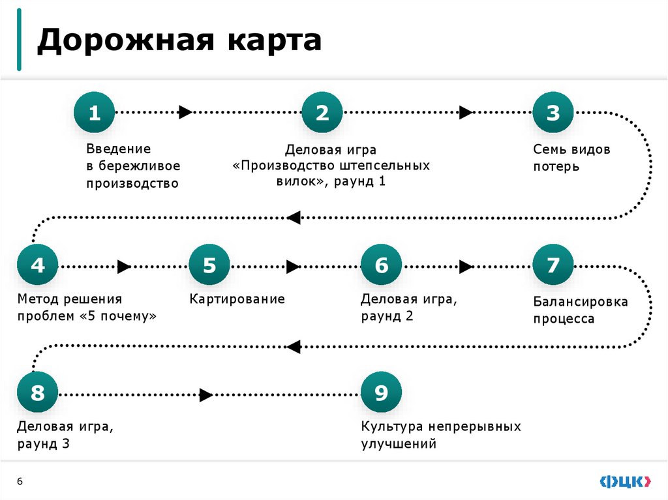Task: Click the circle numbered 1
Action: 95,113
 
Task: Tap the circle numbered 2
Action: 322,113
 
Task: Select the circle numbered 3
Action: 553,113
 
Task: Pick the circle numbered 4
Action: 38,265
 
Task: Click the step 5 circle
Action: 209,265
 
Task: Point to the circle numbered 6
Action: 381,265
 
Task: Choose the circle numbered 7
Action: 553,265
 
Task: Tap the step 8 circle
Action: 38,394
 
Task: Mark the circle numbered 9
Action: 381,394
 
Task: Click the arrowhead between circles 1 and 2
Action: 185,112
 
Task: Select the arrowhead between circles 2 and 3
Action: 465,112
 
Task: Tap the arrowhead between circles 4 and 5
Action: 124,266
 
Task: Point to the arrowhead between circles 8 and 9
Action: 205,394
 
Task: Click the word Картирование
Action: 237,299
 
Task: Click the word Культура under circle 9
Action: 392,427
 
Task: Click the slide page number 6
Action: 20,481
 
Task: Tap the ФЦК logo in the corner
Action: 625,481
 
